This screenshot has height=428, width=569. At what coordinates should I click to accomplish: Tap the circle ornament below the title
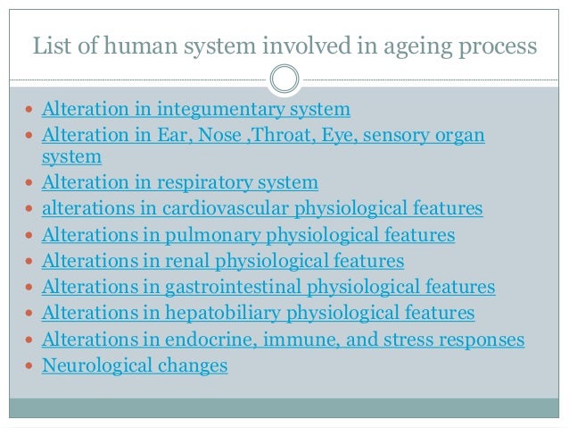[284, 80]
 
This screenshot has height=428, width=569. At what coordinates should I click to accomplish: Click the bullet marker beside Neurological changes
[32, 366]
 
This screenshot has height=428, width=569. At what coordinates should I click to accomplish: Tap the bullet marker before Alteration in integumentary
[32, 112]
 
